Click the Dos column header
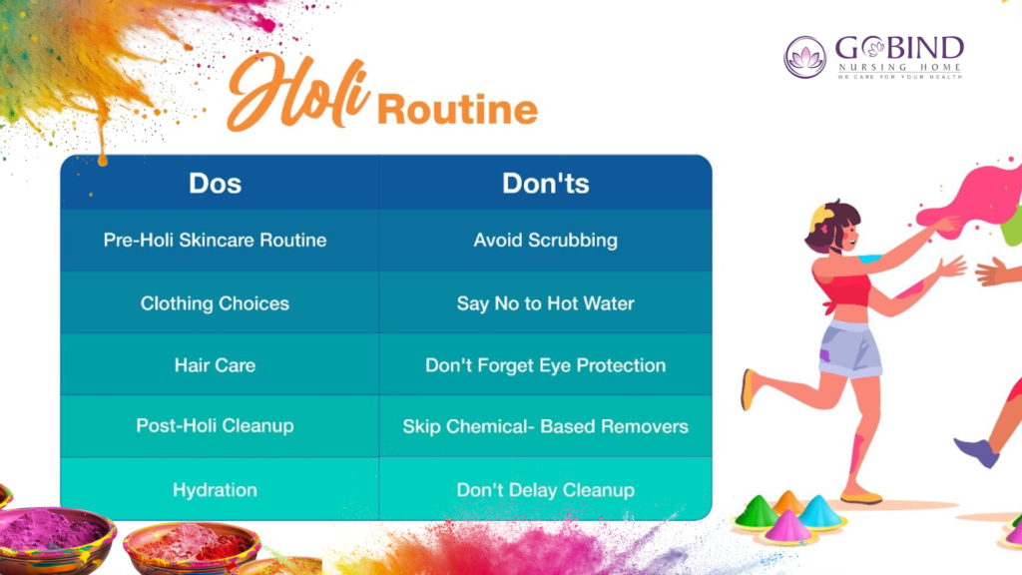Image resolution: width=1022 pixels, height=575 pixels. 215,184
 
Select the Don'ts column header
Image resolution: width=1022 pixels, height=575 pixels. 545,184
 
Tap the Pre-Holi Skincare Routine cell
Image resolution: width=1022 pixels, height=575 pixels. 215,241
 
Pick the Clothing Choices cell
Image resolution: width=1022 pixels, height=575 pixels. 215,303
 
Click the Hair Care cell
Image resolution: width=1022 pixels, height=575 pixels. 215,365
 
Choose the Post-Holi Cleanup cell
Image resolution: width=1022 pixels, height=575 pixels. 215,426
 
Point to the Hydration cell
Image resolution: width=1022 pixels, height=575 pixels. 215,490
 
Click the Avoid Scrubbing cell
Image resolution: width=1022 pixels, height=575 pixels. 545,241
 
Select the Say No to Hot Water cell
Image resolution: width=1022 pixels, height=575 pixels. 545,303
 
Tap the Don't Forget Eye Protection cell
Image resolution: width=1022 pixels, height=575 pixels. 545,365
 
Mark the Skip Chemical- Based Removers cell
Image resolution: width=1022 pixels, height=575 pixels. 545,426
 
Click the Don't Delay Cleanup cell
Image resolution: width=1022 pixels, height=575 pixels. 545,490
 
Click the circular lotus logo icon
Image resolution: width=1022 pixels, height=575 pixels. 804,57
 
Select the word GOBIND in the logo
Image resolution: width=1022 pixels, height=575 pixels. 899,48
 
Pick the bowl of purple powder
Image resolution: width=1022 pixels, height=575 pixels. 54,535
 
